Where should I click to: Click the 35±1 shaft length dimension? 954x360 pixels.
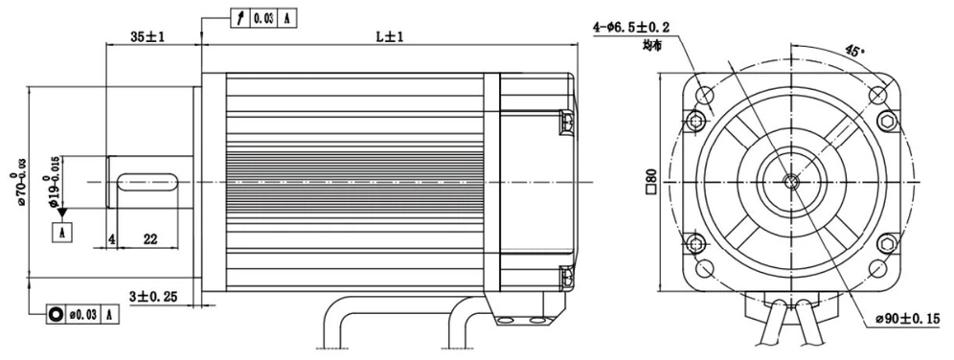148,36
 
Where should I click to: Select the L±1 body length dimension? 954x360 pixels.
390,36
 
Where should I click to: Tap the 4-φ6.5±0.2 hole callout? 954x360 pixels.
632,27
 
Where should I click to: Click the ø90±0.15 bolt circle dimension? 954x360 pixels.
907,318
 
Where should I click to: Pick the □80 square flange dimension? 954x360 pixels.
651,182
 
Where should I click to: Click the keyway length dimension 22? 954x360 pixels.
149,239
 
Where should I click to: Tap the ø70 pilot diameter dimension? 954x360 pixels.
18,182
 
